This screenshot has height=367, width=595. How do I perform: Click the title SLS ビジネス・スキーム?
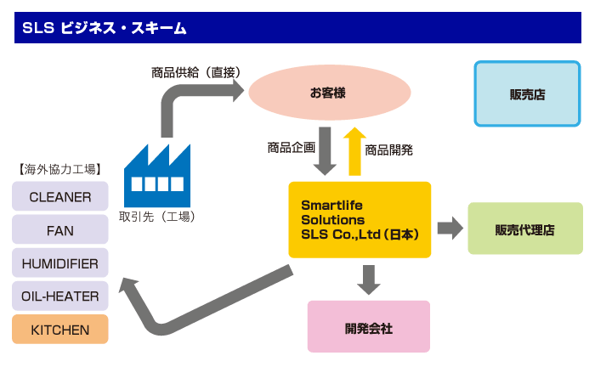(105, 28)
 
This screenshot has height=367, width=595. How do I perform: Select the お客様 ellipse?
(330, 93)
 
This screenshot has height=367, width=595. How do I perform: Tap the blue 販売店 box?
(527, 93)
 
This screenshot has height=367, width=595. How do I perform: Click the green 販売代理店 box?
(525, 229)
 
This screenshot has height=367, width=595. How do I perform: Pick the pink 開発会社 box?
(368, 326)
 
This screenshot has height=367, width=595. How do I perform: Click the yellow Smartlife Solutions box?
(360, 220)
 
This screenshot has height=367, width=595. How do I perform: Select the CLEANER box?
(60, 196)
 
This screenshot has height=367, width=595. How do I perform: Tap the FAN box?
(60, 229)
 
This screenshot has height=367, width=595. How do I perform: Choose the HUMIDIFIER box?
(60, 263)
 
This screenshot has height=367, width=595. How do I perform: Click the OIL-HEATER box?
(60, 296)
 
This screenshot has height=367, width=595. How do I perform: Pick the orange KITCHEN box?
(60, 329)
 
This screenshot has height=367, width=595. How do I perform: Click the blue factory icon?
(157, 176)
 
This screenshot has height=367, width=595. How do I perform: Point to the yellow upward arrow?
(354, 151)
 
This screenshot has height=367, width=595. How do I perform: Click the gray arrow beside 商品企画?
(325, 151)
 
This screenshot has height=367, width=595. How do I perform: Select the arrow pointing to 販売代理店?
(450, 229)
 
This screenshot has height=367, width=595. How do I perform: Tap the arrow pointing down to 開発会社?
(368, 280)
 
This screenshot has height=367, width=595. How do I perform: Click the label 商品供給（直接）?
(195, 72)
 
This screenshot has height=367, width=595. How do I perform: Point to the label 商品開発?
(388, 150)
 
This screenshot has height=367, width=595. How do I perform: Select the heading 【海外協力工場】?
(60, 169)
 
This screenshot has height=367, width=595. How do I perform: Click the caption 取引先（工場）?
(157, 217)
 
